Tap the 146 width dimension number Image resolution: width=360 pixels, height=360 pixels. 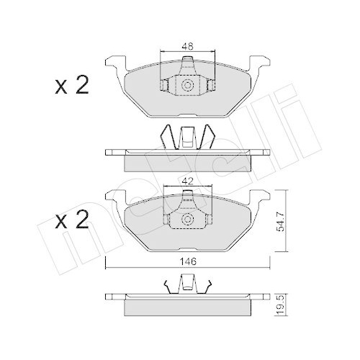(188, 263)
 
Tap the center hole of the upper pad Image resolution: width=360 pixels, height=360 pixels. (188, 86)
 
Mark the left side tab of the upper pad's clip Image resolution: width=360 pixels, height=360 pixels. (164, 86)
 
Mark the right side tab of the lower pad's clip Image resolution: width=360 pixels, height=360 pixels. (211, 221)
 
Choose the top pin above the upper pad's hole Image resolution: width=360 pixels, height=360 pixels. (188, 64)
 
